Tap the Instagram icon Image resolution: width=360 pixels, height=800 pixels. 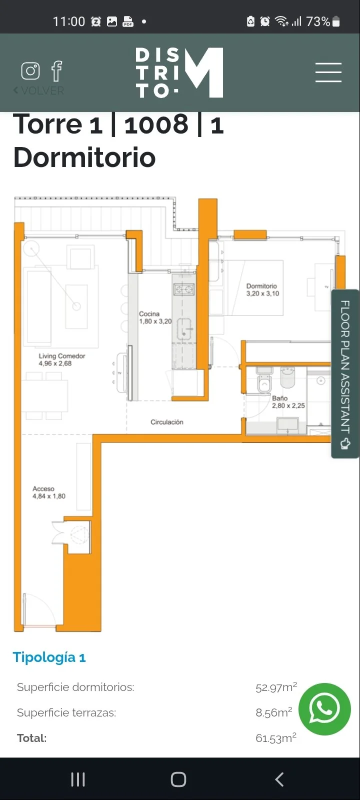point(30,70)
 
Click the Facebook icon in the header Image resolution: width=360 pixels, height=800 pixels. point(57,70)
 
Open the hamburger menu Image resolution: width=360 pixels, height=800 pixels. point(328,72)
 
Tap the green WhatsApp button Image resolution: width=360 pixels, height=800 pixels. point(324,709)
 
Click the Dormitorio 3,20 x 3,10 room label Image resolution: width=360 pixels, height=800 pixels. point(262,289)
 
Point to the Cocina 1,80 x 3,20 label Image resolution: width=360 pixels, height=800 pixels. point(155,317)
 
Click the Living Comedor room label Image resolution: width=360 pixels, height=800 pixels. point(62,359)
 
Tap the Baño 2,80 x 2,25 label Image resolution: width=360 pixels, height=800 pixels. point(288,402)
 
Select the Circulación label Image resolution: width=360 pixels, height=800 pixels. point(167,422)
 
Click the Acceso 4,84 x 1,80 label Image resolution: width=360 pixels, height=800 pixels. point(49,492)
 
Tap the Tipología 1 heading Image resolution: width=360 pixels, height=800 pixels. point(49,657)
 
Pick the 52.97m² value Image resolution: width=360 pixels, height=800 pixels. point(276,687)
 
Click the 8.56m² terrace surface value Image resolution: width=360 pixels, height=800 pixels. point(274,712)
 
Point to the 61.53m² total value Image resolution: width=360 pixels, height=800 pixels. point(276,738)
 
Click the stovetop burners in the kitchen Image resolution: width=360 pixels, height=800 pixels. point(184,289)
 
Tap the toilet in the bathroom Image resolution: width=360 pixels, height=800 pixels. point(264,380)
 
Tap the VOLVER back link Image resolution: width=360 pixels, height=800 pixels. point(38,90)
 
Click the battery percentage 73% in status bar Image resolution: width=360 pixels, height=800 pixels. point(318,22)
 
